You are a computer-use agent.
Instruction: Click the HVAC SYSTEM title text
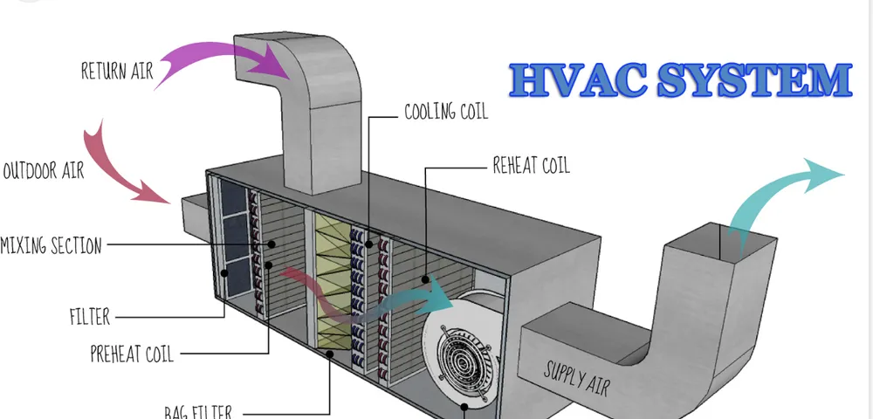pos(680,80)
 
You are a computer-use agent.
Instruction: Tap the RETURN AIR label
pos(117,71)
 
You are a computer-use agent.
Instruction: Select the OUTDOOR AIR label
pos(44,170)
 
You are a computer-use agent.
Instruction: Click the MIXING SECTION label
pos(51,245)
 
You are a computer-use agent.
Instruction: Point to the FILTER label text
pos(90,315)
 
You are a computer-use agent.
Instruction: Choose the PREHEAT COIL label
pos(132,354)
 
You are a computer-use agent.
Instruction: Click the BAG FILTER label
pos(197,410)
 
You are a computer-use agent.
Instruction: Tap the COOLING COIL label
pos(445,112)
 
